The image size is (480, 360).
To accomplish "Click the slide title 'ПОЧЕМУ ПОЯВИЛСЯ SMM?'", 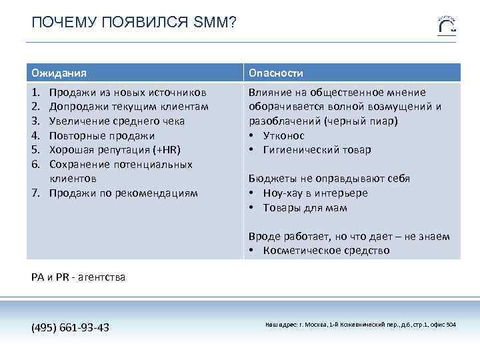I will click(x=133, y=23).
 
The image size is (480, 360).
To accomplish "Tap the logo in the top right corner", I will click(x=447, y=25).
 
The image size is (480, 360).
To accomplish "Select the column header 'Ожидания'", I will click(x=59, y=72).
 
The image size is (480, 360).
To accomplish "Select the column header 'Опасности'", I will click(x=276, y=72).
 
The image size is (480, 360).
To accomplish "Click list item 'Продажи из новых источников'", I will click(x=127, y=92).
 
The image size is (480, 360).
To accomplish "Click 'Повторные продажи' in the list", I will click(x=101, y=136).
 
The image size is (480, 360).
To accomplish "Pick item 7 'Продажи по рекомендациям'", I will click(x=123, y=193).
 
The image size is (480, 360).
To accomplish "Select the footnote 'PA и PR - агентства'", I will click(x=78, y=277).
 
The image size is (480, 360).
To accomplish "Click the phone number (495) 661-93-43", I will click(x=71, y=327).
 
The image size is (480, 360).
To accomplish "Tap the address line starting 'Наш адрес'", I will click(x=361, y=325).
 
